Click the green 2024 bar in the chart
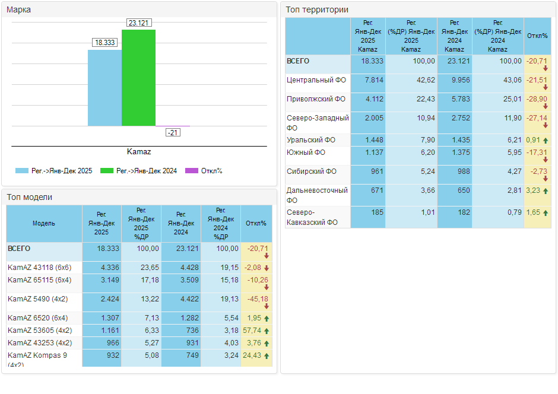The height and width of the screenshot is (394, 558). pos(138,77)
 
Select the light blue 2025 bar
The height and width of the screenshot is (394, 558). pos(104,88)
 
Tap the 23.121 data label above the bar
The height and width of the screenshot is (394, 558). pos(138,23)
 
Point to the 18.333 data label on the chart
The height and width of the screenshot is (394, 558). pos(104,43)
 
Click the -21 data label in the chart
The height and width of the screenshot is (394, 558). pos(173,132)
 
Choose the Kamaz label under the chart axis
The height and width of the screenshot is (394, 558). pos(139,152)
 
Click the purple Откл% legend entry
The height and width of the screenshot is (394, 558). pos(204,171)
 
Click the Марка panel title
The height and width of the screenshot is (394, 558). pos(19,9)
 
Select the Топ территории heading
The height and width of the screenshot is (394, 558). pos(317,9)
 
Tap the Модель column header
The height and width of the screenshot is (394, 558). pos(44,223)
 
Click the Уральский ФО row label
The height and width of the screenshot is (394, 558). pos(311,140)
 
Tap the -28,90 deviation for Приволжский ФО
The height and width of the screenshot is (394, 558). pos(537,99)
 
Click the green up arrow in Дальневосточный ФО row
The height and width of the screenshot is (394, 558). pos(545,191)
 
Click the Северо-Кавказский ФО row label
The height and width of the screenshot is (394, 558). pos(312,217)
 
